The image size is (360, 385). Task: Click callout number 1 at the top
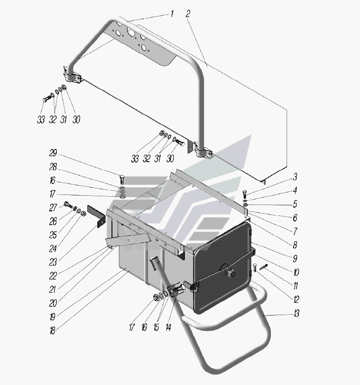172,14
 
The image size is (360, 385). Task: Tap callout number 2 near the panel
188,14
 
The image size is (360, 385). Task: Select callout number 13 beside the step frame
297,313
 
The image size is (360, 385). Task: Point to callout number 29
53,153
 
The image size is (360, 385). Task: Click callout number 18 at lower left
52,331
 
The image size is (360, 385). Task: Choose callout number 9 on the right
295,259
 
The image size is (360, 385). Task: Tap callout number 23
53,263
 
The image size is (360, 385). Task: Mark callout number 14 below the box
168,327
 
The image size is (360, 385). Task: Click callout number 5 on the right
295,204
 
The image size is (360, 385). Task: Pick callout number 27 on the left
53,208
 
